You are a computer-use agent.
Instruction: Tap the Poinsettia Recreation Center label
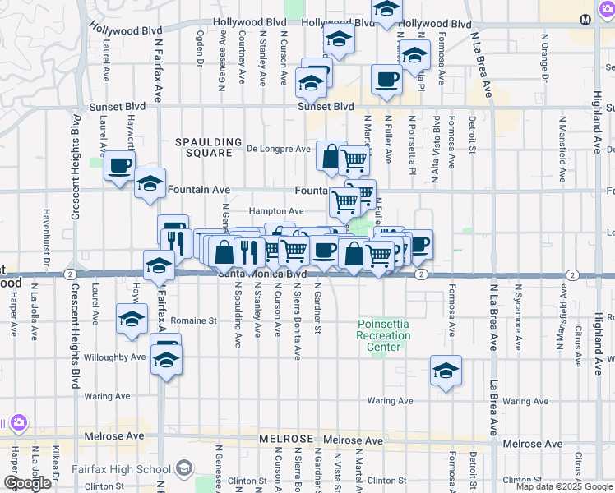click(383, 335)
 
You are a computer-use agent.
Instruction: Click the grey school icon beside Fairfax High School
click(183, 469)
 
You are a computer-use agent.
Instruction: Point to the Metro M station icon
click(608, 19)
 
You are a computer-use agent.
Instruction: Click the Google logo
click(26, 483)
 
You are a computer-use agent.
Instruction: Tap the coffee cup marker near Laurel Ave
click(120, 166)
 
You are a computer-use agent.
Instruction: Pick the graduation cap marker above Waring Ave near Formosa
click(446, 371)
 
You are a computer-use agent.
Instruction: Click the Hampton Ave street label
click(271, 212)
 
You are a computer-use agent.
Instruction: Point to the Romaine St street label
click(195, 321)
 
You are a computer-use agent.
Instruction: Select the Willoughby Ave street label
click(114, 357)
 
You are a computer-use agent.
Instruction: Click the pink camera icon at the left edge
click(18, 423)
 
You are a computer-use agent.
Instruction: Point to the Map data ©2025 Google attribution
click(563, 486)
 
